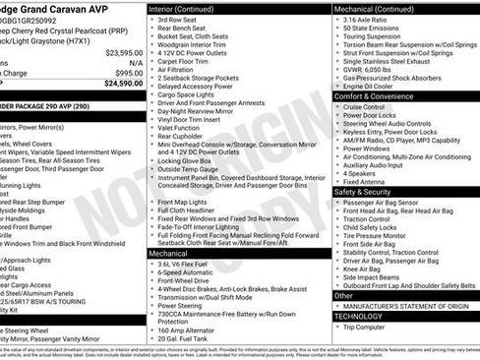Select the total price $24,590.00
[x=118, y=84]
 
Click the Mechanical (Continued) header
[x=373, y=8]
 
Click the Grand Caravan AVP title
[x=74, y=8]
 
